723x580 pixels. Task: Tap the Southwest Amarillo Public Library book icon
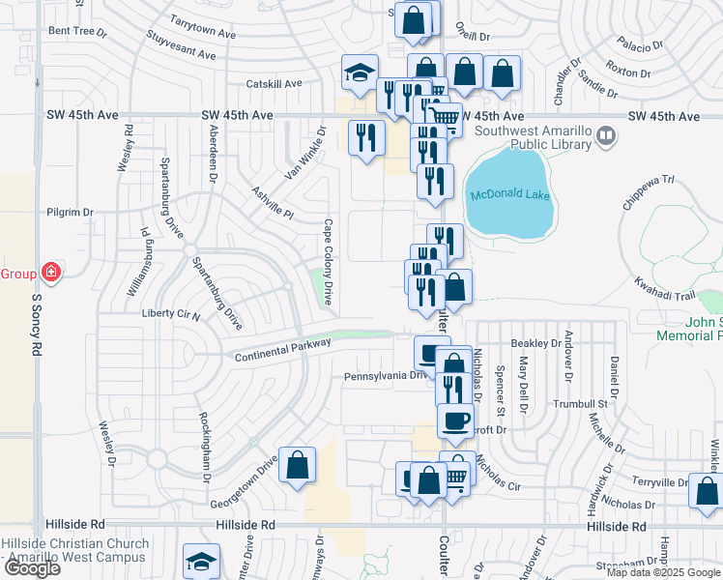(x=606, y=136)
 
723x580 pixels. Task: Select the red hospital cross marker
(x=50, y=274)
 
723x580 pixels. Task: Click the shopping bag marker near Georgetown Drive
(x=298, y=465)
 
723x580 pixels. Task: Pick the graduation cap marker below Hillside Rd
(x=202, y=562)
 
